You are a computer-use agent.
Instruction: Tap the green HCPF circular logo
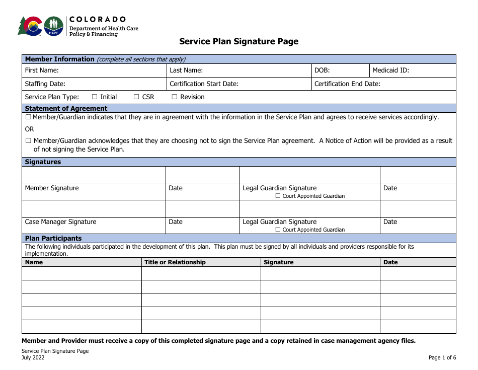click(x=54, y=26)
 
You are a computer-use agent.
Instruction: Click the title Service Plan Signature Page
click(x=238, y=42)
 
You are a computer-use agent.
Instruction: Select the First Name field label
click(x=42, y=70)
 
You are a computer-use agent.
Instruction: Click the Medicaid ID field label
click(x=390, y=70)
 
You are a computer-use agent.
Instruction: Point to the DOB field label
click(x=322, y=70)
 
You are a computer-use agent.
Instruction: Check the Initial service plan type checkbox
click(x=95, y=97)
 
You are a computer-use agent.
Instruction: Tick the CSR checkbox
click(x=136, y=97)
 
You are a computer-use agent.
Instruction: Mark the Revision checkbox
click(x=175, y=97)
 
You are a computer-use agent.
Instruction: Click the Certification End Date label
click(x=347, y=84)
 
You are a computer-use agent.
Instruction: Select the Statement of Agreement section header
click(x=66, y=108)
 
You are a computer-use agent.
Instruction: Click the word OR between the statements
click(x=30, y=129)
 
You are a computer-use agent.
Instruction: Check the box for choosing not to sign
click(x=28, y=141)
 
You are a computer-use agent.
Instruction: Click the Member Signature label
click(x=52, y=188)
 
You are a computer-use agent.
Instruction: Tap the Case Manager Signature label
click(x=60, y=222)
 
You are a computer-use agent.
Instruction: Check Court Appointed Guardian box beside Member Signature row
click(x=278, y=196)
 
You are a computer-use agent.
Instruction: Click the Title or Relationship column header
click(x=175, y=262)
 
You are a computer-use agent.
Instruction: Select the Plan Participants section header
click(x=53, y=239)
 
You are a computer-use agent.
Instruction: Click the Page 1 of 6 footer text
click(x=442, y=358)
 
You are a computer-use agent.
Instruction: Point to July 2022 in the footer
click(x=33, y=358)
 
